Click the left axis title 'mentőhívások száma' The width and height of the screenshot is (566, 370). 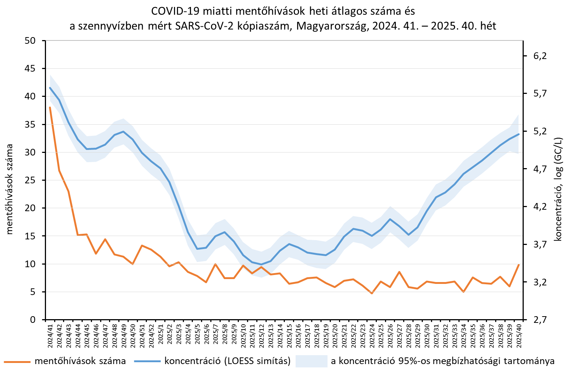coord(10,189)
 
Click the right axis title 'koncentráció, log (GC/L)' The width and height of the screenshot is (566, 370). coord(558,189)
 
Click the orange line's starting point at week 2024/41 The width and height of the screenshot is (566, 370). coord(50,108)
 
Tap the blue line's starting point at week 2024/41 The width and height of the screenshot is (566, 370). coord(50,88)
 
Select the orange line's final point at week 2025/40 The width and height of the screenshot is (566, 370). coord(519,265)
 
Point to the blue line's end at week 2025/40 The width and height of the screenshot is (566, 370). coord(519,134)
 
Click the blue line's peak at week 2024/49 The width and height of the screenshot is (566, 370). coord(124,131)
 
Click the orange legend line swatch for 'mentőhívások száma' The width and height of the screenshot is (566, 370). coord(17,361)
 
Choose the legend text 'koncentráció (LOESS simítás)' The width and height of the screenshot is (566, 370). coord(227,361)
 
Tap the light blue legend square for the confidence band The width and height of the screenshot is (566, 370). coord(311,361)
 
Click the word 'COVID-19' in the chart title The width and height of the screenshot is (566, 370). coord(170,11)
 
